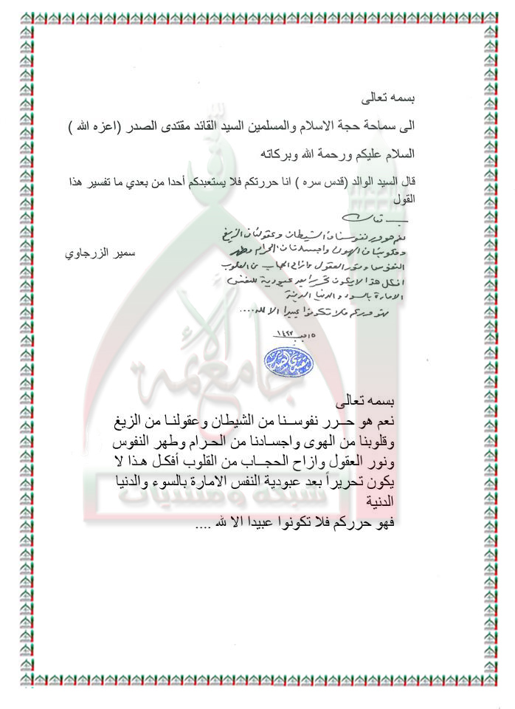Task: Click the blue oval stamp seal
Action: tap(288, 360)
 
